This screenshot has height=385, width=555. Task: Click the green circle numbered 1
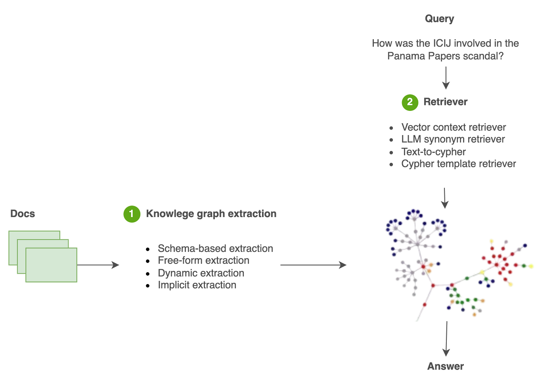tap(132, 214)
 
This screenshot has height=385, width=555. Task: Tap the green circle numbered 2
tap(410, 102)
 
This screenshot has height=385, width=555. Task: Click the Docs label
tap(23, 213)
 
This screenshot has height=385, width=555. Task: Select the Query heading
tap(439, 19)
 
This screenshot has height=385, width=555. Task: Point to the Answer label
tap(445, 366)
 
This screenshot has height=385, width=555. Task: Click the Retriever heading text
tap(445, 102)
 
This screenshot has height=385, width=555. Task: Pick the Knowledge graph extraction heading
tap(211, 214)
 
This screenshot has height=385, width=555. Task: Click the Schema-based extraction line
tap(215, 248)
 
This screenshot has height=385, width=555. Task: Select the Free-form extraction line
tap(203, 260)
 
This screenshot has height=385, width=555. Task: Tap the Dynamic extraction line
tap(201, 273)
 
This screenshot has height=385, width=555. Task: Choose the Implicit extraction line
tap(197, 285)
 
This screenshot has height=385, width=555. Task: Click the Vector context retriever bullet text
tap(454, 127)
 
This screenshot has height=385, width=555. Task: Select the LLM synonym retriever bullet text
tap(453, 139)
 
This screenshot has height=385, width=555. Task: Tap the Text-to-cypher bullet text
tap(433, 151)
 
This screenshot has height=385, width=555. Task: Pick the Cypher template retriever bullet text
tap(458, 164)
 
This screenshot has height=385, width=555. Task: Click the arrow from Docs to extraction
tap(99, 265)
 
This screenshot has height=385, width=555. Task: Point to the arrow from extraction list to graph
tap(313, 265)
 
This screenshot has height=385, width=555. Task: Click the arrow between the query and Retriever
tap(446, 78)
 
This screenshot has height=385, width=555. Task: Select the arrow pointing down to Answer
tap(446, 339)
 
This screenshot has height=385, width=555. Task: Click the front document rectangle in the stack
tap(52, 265)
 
